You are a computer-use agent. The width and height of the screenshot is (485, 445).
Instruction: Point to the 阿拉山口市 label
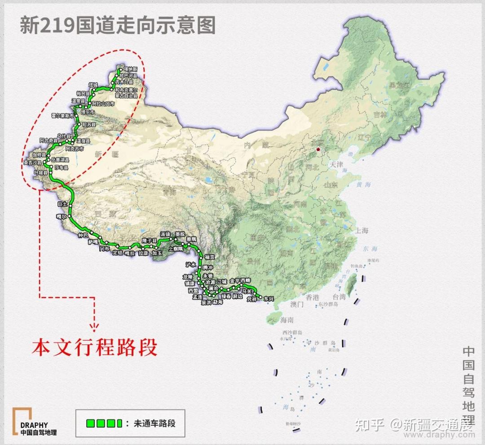point(103,103)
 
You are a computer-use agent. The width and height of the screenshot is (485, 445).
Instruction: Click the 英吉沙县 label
point(32,163)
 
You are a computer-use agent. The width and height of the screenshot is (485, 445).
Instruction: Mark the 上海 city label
point(362,231)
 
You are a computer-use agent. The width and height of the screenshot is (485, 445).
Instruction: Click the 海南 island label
point(287,320)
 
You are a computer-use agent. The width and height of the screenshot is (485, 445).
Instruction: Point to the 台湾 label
point(339,297)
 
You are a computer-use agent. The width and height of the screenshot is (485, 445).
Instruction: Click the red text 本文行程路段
point(94,348)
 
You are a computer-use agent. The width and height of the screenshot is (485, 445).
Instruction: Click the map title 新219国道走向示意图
point(118,25)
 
